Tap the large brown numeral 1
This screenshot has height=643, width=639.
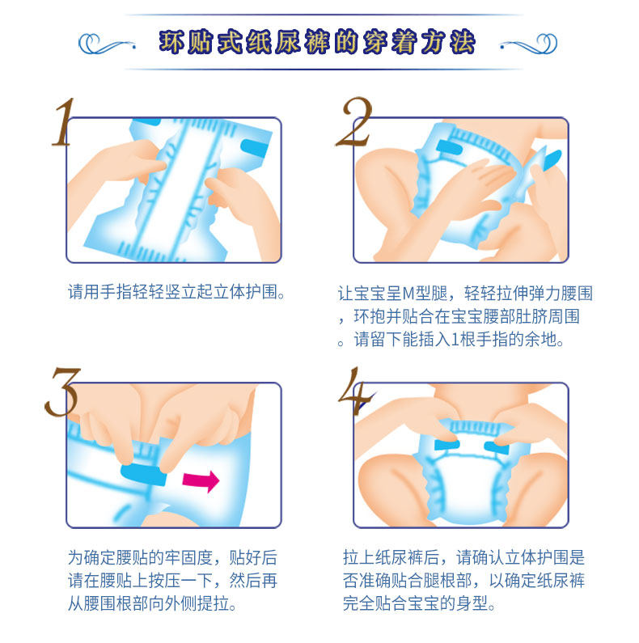pos(65,122)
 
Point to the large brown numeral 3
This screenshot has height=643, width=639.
pos(63,392)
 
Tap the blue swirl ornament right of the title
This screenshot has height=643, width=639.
pos(529,44)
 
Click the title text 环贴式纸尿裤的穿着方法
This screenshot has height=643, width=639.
pos(317,42)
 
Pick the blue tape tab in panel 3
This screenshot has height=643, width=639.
pos(143,475)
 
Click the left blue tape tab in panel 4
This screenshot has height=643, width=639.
pos(447,445)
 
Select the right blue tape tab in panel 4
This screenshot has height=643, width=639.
pos(497,447)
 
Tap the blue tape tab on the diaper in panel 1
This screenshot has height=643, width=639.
pos(254,147)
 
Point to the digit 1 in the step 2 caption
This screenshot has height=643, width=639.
pos(455,340)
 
